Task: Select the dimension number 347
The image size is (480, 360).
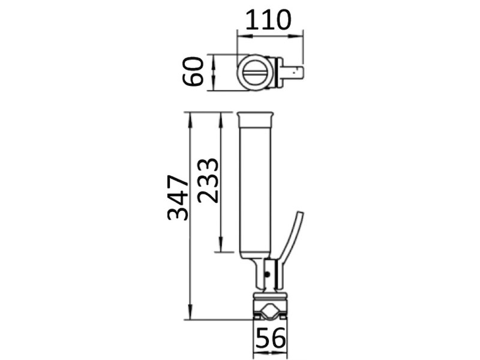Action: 178,198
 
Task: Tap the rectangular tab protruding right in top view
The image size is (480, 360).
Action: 296,74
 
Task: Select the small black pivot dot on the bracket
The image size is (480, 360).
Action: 268,274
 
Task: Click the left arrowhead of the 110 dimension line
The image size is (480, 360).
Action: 241,35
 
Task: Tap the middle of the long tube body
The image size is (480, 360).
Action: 256,186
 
